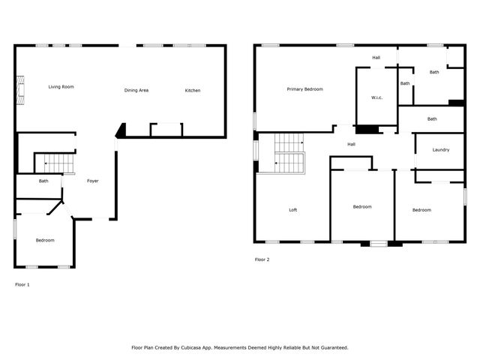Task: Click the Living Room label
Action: click(61, 87)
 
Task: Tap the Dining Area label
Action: click(136, 91)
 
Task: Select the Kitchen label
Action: click(193, 91)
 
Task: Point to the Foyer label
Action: click(93, 181)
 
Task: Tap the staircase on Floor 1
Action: click(55, 163)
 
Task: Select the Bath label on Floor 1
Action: click(43, 181)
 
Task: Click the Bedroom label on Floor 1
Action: click(45, 240)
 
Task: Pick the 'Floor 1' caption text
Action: click(23, 284)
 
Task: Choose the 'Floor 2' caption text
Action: click(262, 259)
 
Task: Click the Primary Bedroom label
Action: click(304, 89)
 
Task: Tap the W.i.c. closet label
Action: click(377, 97)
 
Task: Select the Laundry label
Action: click(441, 149)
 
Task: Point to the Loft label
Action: click(293, 210)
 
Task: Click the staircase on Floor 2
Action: click(289, 153)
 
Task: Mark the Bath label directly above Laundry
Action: click(432, 118)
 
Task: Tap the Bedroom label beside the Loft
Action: click(362, 207)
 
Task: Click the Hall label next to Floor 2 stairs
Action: click(351, 144)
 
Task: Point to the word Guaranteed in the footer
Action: click(331, 348)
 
